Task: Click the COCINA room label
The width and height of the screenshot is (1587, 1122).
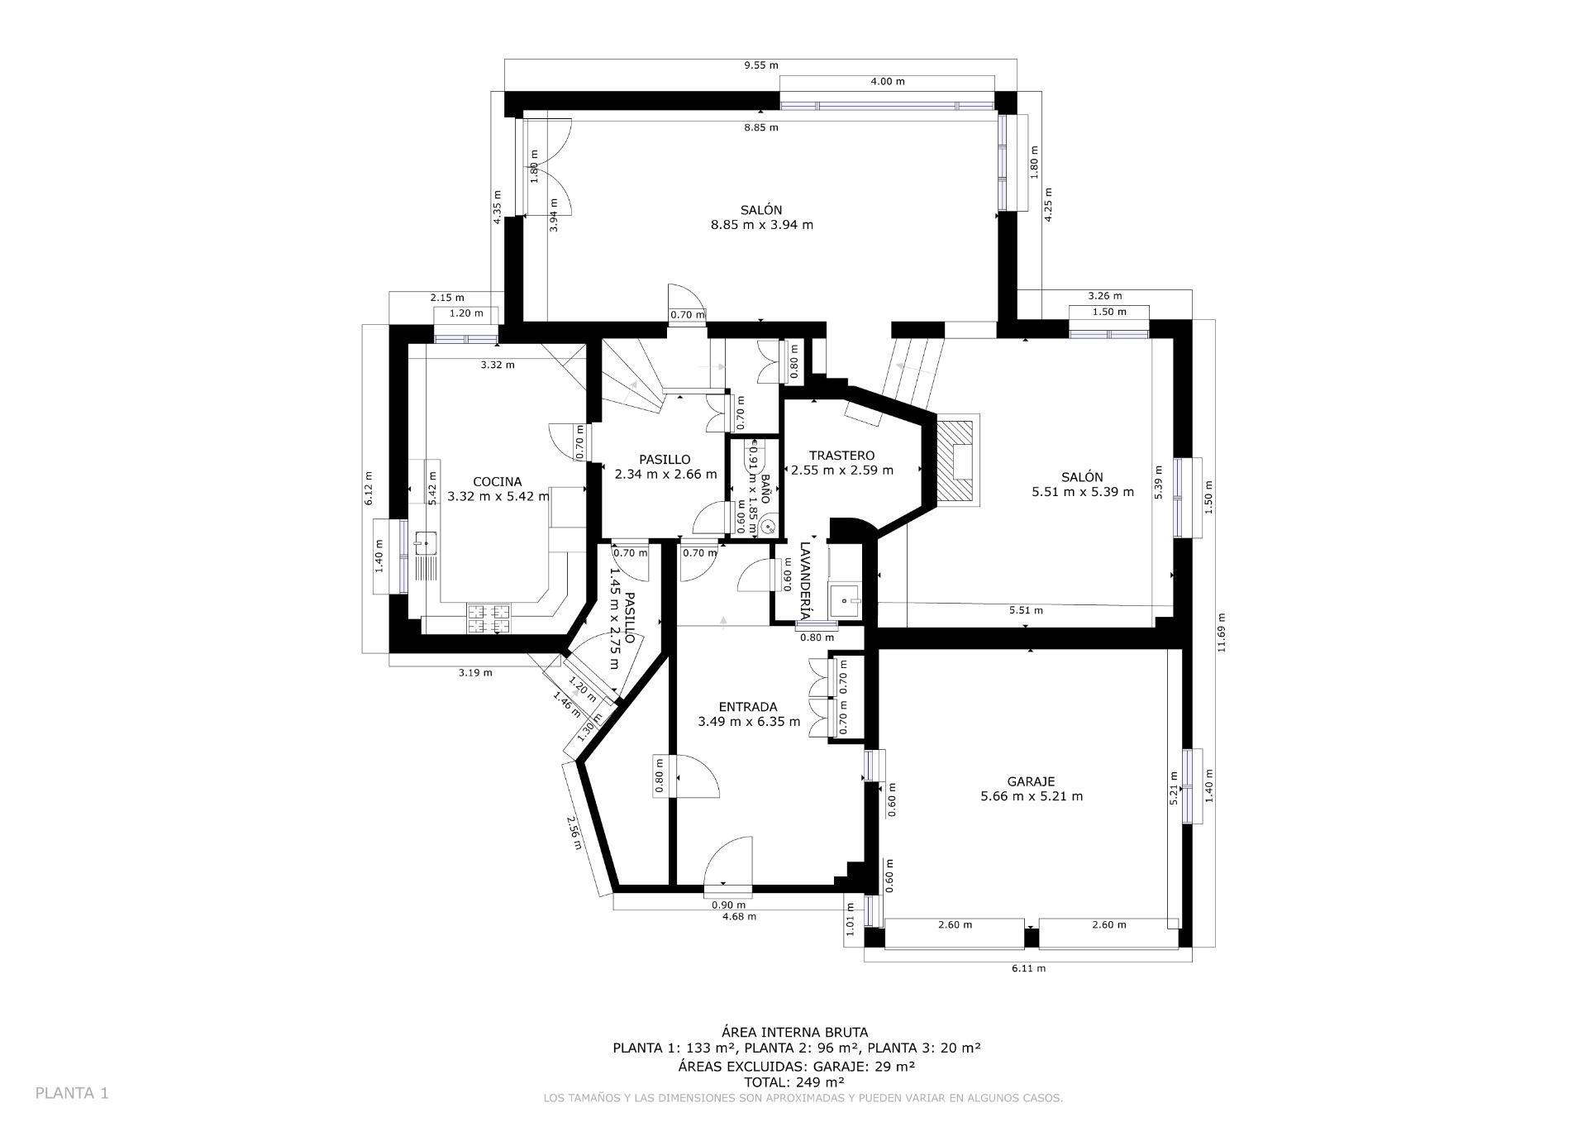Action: click(497, 482)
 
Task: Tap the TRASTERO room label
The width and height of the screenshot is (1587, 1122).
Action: click(841, 456)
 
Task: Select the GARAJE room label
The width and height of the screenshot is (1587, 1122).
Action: click(1031, 781)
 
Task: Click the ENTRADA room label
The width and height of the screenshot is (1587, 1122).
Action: click(748, 707)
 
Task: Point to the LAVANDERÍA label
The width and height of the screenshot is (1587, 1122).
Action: click(806, 580)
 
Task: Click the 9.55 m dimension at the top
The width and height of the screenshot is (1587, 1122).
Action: click(760, 65)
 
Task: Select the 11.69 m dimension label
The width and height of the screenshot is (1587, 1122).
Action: click(1221, 633)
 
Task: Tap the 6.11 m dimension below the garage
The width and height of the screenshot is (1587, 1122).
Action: click(1028, 968)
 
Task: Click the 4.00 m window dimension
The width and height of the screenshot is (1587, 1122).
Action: click(887, 82)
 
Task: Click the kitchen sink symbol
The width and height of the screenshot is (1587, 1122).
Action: click(427, 543)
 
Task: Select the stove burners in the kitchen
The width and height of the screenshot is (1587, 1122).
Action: click(488, 618)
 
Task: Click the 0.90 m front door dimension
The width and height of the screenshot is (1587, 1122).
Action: click(728, 905)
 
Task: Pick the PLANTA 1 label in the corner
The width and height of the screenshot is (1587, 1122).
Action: click(72, 1093)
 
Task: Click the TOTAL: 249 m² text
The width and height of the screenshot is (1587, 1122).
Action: click(793, 1081)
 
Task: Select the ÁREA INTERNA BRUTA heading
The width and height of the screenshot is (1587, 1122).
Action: click(794, 1032)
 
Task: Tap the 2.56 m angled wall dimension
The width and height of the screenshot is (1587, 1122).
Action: click(574, 833)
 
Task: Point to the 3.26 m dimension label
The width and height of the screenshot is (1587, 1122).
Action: click(1104, 296)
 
